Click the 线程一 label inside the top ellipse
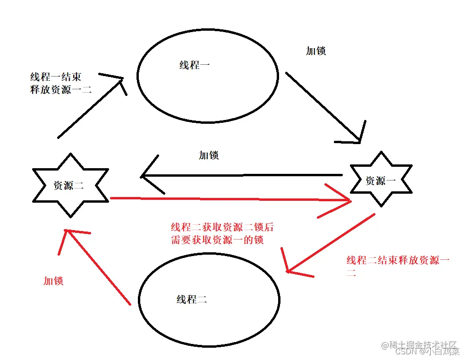click(x=195, y=65)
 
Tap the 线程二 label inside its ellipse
click(x=192, y=299)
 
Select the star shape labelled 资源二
click(x=70, y=185)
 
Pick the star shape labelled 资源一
click(x=381, y=180)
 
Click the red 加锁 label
click(x=53, y=281)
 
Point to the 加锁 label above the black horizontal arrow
click(x=209, y=155)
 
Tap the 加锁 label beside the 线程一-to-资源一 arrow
click(x=316, y=51)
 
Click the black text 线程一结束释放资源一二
click(x=60, y=83)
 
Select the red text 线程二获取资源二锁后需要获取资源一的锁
click(x=222, y=233)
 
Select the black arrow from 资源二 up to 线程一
click(x=90, y=107)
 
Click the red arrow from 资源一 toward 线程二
click(x=331, y=243)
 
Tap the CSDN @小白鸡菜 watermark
click(x=427, y=351)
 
